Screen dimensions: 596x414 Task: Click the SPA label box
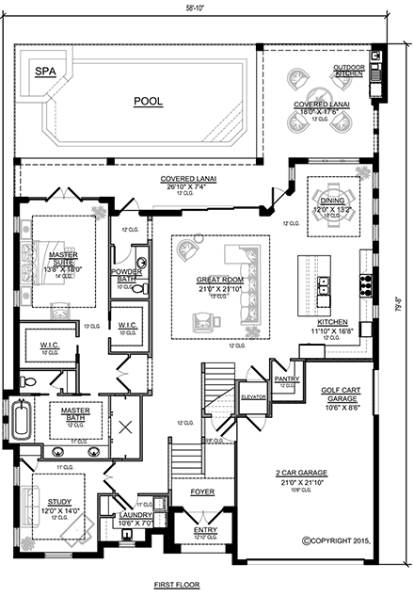pos(43,71)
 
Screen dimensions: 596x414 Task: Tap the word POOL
pos(147,99)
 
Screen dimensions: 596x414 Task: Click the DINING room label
pos(332,201)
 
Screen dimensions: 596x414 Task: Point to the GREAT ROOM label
pos(219,280)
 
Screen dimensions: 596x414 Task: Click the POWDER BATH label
pos(126,274)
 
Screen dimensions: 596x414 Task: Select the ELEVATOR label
pos(252,396)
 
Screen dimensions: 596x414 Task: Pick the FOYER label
pos(202,491)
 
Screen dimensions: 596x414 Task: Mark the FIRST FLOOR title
pos(177,585)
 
